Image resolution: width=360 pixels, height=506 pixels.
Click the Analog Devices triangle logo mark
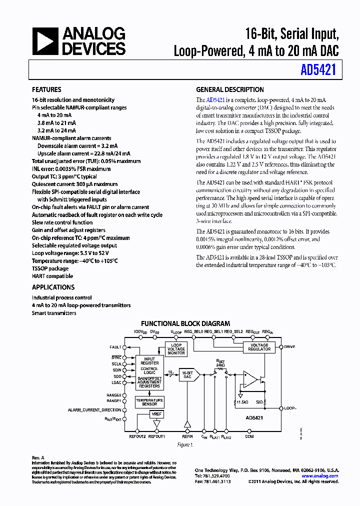(x=44, y=41)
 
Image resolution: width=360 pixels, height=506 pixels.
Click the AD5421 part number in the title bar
(x=318, y=70)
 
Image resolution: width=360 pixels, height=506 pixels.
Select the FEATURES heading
(x=46, y=90)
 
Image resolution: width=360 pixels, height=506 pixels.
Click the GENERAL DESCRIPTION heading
(x=229, y=90)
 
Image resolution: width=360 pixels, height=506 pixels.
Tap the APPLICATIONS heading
(x=53, y=287)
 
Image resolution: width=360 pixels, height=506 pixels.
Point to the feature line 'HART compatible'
(x=52, y=276)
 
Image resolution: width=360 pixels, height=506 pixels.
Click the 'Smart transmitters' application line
(x=54, y=313)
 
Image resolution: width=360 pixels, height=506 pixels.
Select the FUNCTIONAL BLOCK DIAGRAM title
(x=185, y=323)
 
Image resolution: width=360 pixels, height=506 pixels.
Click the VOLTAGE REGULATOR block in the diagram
(x=259, y=347)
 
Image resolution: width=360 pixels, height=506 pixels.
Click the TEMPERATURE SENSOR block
(x=149, y=402)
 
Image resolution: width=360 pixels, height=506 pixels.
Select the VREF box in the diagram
(x=156, y=414)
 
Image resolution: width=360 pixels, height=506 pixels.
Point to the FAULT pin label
(x=115, y=347)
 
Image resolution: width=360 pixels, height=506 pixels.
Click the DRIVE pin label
(x=289, y=346)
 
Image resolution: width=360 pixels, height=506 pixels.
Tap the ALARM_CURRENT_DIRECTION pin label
(x=94, y=410)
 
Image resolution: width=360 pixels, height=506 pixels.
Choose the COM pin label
(x=249, y=436)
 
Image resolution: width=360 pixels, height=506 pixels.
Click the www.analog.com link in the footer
(x=321, y=476)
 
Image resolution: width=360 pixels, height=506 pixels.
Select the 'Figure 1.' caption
(x=185, y=445)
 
